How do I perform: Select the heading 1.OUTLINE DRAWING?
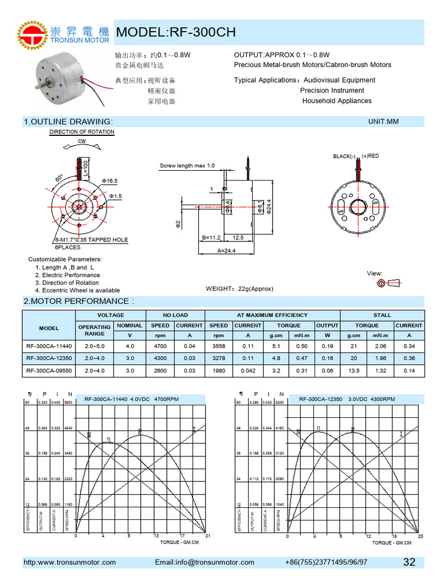[68, 122]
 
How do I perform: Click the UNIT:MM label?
[383, 122]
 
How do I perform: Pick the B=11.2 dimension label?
[212, 237]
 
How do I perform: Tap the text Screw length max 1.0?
[187, 166]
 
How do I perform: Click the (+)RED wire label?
[370, 156]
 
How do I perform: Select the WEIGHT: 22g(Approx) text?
[239, 288]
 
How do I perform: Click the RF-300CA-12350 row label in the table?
[49, 358]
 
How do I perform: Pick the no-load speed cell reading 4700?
[160, 346]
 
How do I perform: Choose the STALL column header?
[382, 315]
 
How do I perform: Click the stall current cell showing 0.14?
[409, 370]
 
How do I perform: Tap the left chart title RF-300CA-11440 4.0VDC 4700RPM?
[131, 399]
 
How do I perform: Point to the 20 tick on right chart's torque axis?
[420, 535]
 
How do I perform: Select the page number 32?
[409, 562]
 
